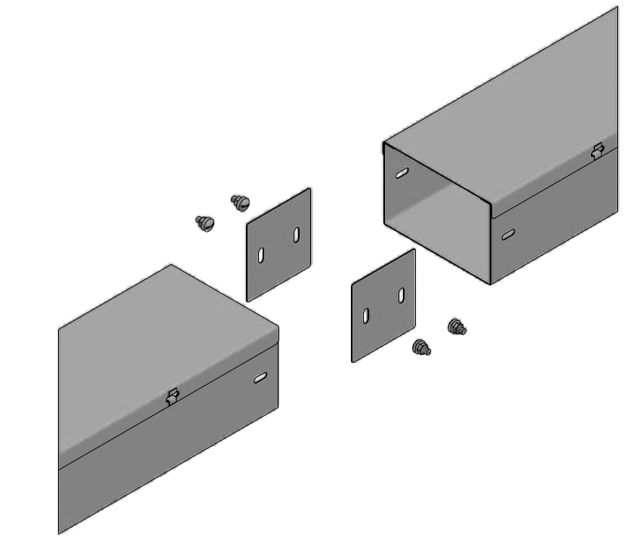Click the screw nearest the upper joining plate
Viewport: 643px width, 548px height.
pos(240,202)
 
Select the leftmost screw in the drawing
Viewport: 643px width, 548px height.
pos(205,223)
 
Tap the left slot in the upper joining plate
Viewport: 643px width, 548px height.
pos(261,256)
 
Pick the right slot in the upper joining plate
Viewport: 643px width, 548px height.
pos(297,235)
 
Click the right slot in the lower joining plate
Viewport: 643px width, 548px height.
pos(401,295)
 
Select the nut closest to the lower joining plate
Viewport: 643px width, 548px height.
pos(420,347)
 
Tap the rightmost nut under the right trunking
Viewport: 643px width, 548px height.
pos(457,327)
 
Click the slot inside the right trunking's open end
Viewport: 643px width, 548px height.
pos(402,174)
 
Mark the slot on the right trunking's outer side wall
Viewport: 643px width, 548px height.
pos(508,235)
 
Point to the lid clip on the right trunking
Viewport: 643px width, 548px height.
pos(598,150)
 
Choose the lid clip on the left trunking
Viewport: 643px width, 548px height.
pos(172,396)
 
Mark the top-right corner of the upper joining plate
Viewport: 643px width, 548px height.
pos(309,189)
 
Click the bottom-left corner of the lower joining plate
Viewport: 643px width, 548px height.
pos(353,361)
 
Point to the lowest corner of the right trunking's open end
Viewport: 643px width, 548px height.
pos(491,284)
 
